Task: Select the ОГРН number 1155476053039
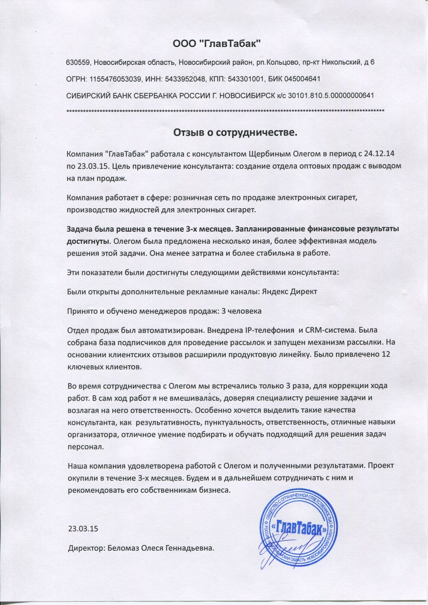point(112,79)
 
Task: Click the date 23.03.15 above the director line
point(83,529)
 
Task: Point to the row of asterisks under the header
point(225,111)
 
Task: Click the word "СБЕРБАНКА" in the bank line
point(158,96)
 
